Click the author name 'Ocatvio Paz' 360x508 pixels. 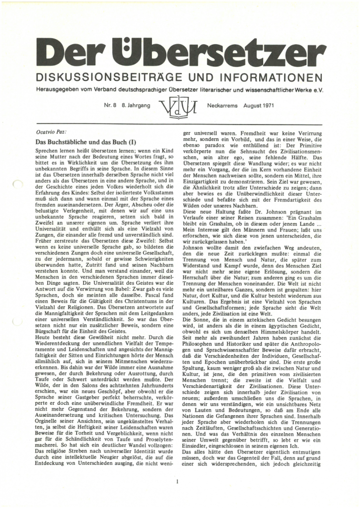tap(52, 132)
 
